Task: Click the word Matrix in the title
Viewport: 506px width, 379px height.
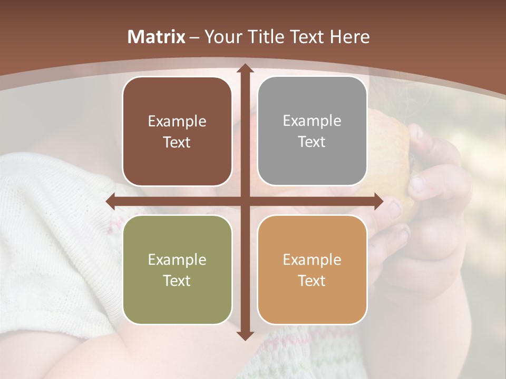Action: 156,37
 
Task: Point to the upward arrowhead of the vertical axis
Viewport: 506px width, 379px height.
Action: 245,68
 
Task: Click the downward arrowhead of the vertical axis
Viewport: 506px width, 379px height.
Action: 245,335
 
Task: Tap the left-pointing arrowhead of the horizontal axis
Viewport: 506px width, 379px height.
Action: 111,201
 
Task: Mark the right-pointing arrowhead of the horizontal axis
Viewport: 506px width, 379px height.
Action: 378,201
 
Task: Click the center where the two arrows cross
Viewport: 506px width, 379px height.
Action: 245,201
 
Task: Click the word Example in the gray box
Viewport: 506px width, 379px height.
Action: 312,121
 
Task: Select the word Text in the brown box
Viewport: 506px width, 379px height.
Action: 177,143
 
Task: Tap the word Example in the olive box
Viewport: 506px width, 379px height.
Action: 177,260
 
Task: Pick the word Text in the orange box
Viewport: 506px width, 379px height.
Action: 312,281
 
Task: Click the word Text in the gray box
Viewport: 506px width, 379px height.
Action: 312,142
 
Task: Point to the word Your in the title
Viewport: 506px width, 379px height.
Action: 222,37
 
